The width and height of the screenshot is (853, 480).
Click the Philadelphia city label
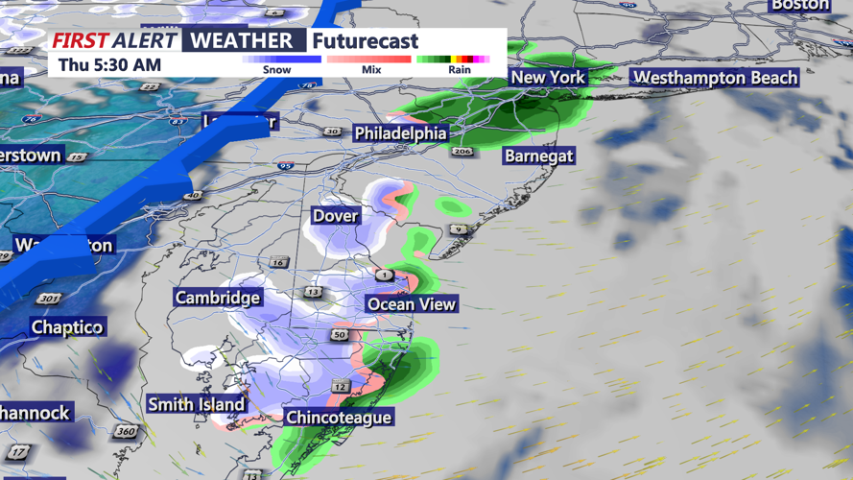point(400,133)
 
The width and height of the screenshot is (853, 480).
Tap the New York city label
point(547,78)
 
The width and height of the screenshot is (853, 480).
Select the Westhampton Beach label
point(716,78)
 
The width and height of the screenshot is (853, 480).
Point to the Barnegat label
point(539,156)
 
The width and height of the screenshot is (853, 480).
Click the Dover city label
point(335,216)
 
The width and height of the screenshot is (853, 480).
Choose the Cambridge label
point(217,298)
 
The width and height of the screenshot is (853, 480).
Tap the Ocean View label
point(412,304)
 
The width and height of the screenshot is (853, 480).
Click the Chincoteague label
point(339,418)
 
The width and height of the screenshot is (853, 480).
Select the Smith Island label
point(197,405)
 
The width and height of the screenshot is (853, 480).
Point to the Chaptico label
point(67,327)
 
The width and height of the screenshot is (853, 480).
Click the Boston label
point(799,5)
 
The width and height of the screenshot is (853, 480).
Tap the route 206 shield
point(462,152)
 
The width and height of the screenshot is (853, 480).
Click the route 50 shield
point(341,334)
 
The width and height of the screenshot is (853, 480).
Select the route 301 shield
point(49,299)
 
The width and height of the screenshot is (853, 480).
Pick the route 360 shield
point(126,432)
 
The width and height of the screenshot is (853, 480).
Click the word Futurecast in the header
point(366,41)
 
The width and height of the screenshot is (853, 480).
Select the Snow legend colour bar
point(281,59)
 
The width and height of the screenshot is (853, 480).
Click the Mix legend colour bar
point(368,59)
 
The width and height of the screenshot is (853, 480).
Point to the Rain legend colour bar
point(454,59)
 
